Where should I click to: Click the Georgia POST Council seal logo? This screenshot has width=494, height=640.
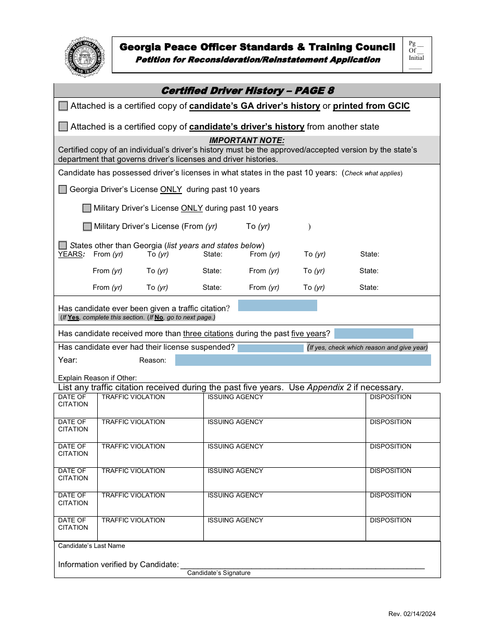[84, 57]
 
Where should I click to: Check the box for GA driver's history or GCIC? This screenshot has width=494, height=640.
[63, 106]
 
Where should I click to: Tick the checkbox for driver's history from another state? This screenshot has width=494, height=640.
[63, 126]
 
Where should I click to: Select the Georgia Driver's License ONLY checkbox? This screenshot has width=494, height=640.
[63, 189]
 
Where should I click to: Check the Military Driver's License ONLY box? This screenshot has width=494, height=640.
[87, 208]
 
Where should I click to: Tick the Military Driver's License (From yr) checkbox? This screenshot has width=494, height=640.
[87, 226]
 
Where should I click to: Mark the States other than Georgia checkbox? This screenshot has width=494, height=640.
[63, 245]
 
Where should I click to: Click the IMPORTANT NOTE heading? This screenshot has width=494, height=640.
[246, 140]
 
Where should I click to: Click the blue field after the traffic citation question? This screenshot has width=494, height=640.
[277, 305]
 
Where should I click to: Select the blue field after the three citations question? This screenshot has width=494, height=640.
[373, 334]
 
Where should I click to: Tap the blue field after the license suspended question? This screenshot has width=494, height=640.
[270, 348]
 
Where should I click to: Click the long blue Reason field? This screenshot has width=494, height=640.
[303, 360]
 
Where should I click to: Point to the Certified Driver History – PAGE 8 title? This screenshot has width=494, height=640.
[248, 91]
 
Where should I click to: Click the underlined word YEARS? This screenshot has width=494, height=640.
[70, 254]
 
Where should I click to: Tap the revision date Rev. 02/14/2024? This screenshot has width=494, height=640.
[412, 614]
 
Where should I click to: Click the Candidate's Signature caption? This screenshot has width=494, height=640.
[218, 573]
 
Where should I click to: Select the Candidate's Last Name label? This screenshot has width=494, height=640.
[92, 546]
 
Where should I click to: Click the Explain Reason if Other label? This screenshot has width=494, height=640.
[97, 378]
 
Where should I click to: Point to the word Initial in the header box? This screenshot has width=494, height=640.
[416, 58]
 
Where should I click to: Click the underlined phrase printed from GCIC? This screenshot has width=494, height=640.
[371, 106]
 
